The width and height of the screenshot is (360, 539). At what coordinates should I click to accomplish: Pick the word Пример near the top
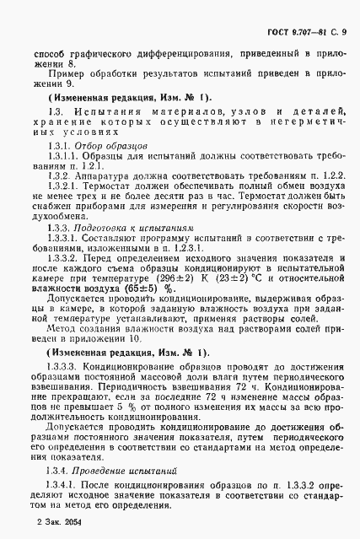65,75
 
